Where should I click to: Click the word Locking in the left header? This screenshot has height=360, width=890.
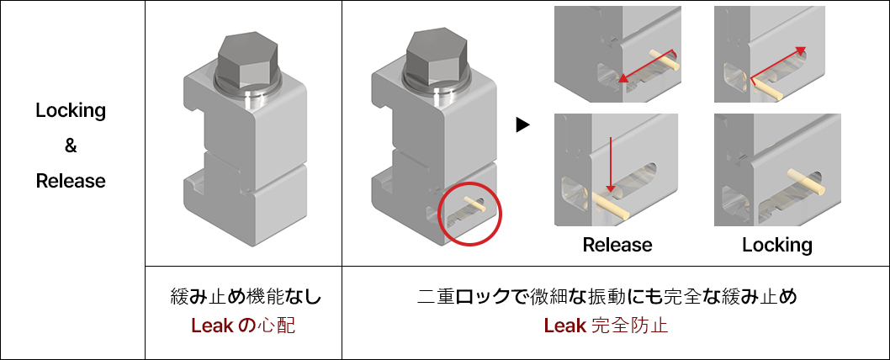[x=71, y=110]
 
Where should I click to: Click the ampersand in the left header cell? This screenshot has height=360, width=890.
[x=71, y=146]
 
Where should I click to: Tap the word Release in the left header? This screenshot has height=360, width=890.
[x=71, y=181]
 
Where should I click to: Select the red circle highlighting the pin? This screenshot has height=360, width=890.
[x=470, y=214]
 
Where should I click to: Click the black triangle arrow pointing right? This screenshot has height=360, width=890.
[x=523, y=125]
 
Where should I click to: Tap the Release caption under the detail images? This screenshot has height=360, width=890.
[x=617, y=245]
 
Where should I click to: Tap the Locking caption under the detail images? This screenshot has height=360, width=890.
[x=776, y=245]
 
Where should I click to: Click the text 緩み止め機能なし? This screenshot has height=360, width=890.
[x=243, y=297]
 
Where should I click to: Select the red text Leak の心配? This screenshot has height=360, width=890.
[x=243, y=326]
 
